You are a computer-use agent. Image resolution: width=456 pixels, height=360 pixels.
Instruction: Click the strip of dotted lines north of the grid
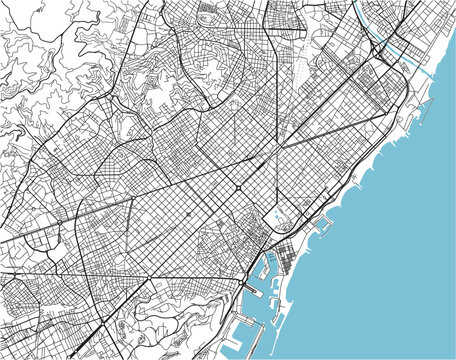299,70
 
